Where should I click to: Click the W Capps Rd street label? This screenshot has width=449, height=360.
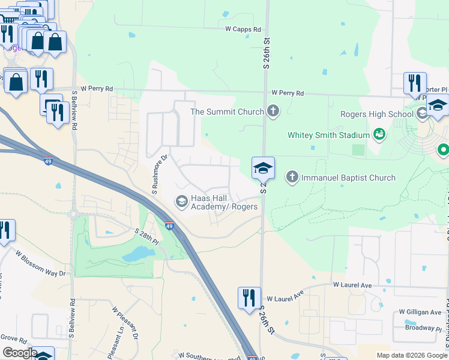click(243, 29)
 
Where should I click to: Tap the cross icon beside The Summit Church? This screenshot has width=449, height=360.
click(273, 111)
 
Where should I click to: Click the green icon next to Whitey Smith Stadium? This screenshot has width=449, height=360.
click(379, 134)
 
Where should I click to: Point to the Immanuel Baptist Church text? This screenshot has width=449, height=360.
click(348, 178)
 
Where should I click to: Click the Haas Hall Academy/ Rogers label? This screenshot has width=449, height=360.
click(224, 203)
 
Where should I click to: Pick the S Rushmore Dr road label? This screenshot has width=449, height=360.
click(160, 175)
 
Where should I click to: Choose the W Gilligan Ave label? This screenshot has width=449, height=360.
click(420, 313)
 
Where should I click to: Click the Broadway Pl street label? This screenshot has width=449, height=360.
click(424, 328)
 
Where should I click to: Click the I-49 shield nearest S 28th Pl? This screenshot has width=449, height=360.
click(169, 226)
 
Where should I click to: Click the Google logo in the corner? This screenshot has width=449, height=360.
click(20, 353)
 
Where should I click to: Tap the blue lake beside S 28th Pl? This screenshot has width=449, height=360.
click(137, 255)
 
